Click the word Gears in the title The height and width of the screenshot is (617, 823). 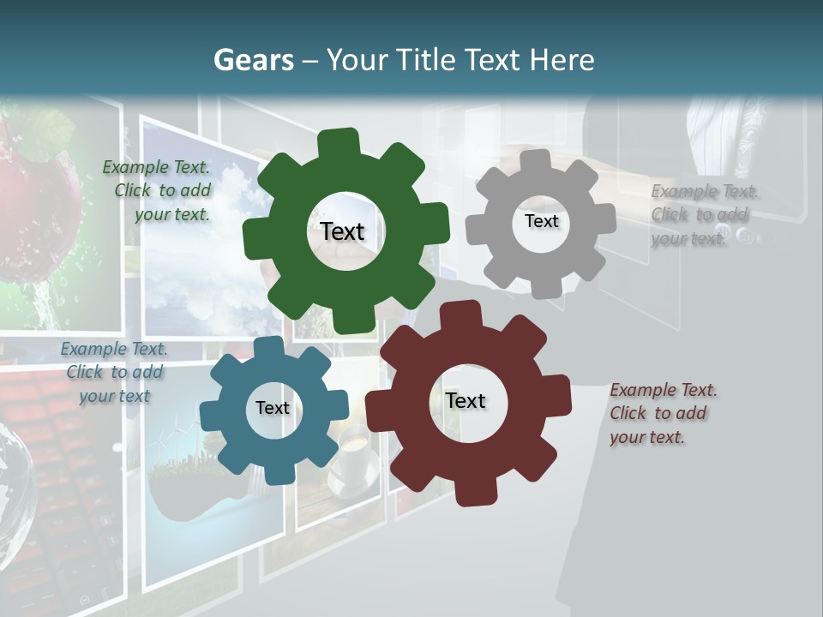(253, 60)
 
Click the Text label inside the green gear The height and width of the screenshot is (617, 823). (342, 231)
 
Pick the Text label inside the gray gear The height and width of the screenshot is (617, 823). (541, 221)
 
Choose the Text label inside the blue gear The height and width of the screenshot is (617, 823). (273, 408)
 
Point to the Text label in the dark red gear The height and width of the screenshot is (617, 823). (466, 400)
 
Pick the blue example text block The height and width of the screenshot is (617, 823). (113, 372)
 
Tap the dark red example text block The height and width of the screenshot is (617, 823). (662, 413)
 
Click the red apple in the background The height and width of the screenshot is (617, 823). (34, 197)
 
